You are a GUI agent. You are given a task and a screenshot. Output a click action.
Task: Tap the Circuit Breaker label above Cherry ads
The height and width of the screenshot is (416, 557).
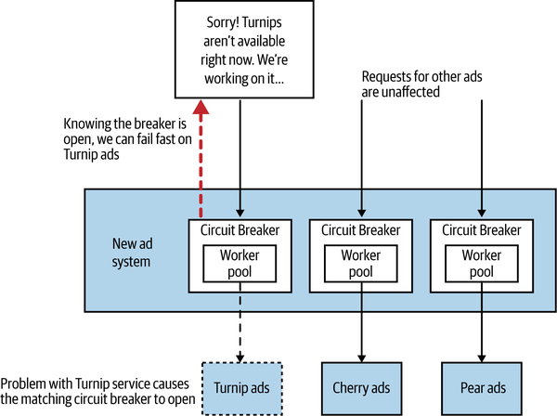tap(362, 228)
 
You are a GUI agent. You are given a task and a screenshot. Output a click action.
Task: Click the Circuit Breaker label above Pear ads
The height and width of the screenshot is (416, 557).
tap(481, 228)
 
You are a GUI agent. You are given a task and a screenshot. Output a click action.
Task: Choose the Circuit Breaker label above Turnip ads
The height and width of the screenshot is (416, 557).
tap(241, 228)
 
